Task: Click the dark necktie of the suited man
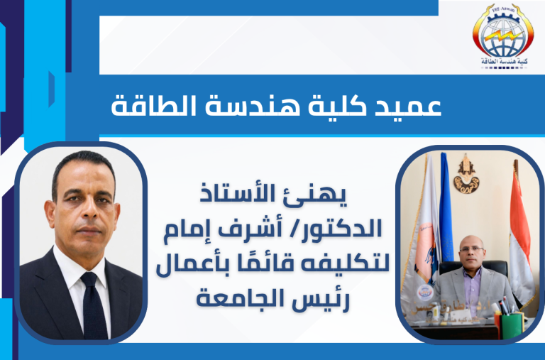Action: point(93,305)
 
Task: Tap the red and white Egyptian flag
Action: point(521,236)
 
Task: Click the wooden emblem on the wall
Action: point(466,174)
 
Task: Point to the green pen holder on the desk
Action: point(512,325)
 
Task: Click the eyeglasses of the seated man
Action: point(472,249)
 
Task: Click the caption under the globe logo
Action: point(504,62)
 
